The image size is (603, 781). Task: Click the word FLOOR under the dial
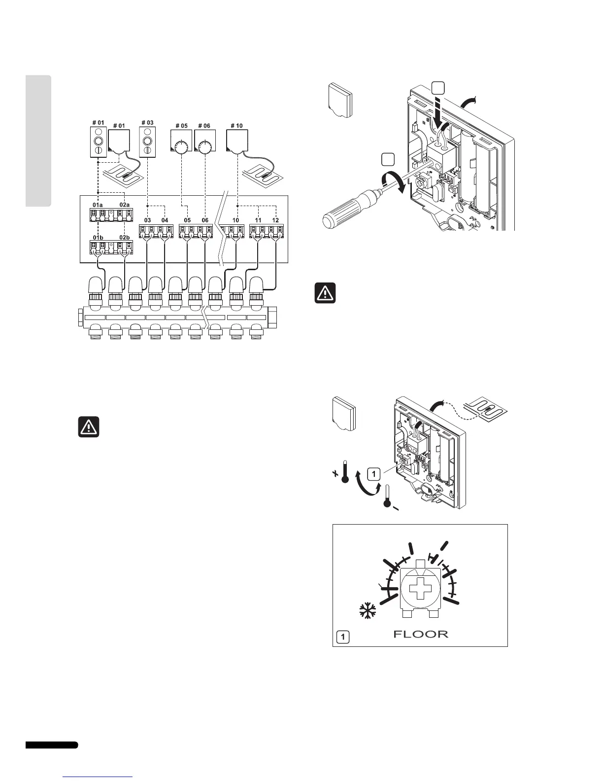click(421, 634)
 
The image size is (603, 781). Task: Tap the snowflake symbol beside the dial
click(368, 611)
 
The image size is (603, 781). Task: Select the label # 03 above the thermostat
click(147, 123)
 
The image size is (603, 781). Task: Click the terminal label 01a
click(98, 205)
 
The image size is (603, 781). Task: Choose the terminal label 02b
click(124, 238)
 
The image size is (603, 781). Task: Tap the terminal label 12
click(275, 220)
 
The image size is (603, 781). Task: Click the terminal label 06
click(205, 220)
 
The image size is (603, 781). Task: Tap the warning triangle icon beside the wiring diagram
click(89, 427)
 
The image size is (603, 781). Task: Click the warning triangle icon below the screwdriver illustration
click(325, 293)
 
